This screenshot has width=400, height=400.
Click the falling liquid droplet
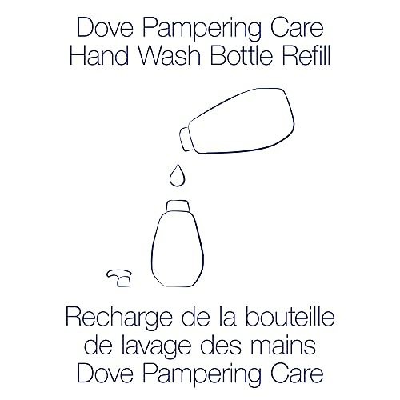[x=175, y=174]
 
